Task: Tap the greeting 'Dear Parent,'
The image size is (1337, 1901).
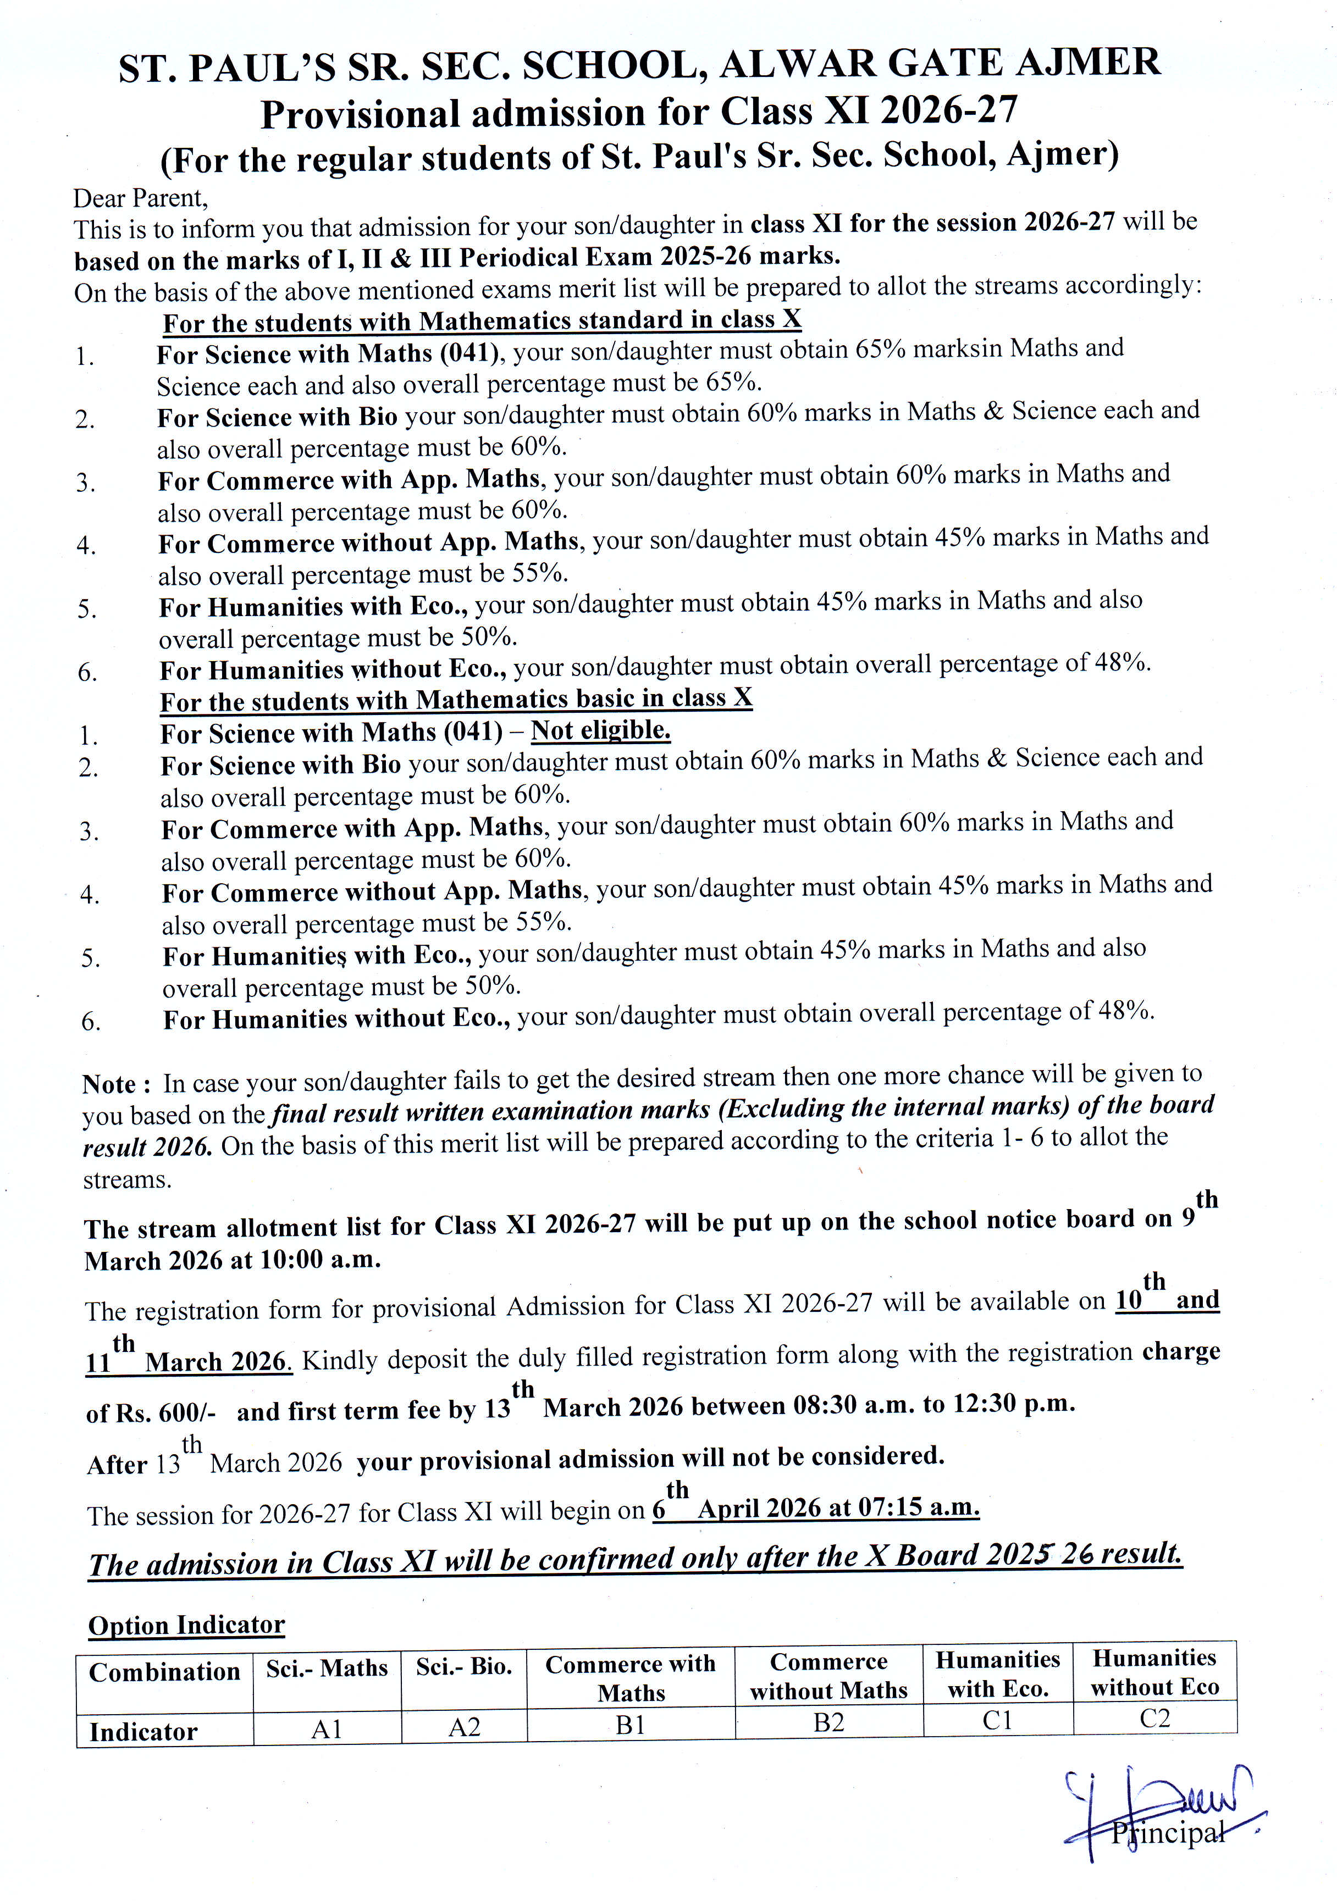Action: click(140, 199)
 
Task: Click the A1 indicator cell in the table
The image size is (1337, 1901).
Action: click(327, 1729)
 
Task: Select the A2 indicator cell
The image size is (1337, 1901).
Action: click(464, 1727)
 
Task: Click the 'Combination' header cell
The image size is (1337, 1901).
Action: click(164, 1672)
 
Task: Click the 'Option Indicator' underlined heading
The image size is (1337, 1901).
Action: click(186, 1625)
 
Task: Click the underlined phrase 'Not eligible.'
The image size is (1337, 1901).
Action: click(600, 730)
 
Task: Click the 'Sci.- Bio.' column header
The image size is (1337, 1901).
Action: click(464, 1667)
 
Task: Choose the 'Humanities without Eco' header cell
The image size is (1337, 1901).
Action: click(1155, 1672)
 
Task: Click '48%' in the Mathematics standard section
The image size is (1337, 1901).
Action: click(1123, 662)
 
